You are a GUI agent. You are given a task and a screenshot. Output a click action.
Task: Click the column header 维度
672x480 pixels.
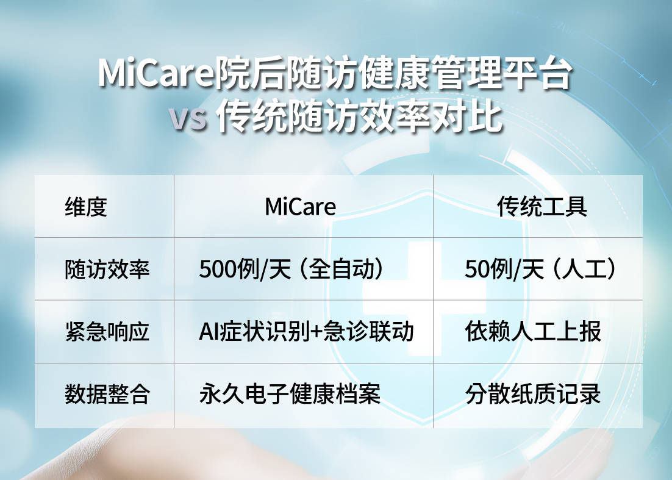[x=86, y=207]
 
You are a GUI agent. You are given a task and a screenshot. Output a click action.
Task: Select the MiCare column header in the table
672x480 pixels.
[x=301, y=207]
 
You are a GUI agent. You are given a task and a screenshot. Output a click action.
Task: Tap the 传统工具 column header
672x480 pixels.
[x=542, y=207]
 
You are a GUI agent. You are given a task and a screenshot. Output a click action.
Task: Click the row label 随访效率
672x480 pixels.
[x=107, y=270]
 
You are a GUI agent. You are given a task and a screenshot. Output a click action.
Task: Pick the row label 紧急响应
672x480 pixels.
[x=107, y=332]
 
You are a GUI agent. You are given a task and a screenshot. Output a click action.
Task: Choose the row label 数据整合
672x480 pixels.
[x=107, y=394]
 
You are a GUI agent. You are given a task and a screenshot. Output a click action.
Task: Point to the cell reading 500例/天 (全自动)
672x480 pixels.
[x=291, y=270]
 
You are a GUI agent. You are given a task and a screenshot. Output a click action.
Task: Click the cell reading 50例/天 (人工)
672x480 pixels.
[x=541, y=270]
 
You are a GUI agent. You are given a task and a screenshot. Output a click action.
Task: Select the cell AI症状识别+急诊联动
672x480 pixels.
[x=306, y=332]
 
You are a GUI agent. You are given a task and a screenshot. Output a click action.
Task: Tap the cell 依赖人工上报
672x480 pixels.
[x=533, y=332]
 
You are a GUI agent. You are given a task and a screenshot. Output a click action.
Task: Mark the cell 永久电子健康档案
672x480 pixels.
[x=290, y=394]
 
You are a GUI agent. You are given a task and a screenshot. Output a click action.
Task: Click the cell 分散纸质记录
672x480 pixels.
[x=533, y=394]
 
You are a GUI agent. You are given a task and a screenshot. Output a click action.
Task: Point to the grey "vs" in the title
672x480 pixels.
[x=188, y=118]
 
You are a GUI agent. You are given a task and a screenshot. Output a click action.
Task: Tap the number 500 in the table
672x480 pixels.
[x=218, y=270]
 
